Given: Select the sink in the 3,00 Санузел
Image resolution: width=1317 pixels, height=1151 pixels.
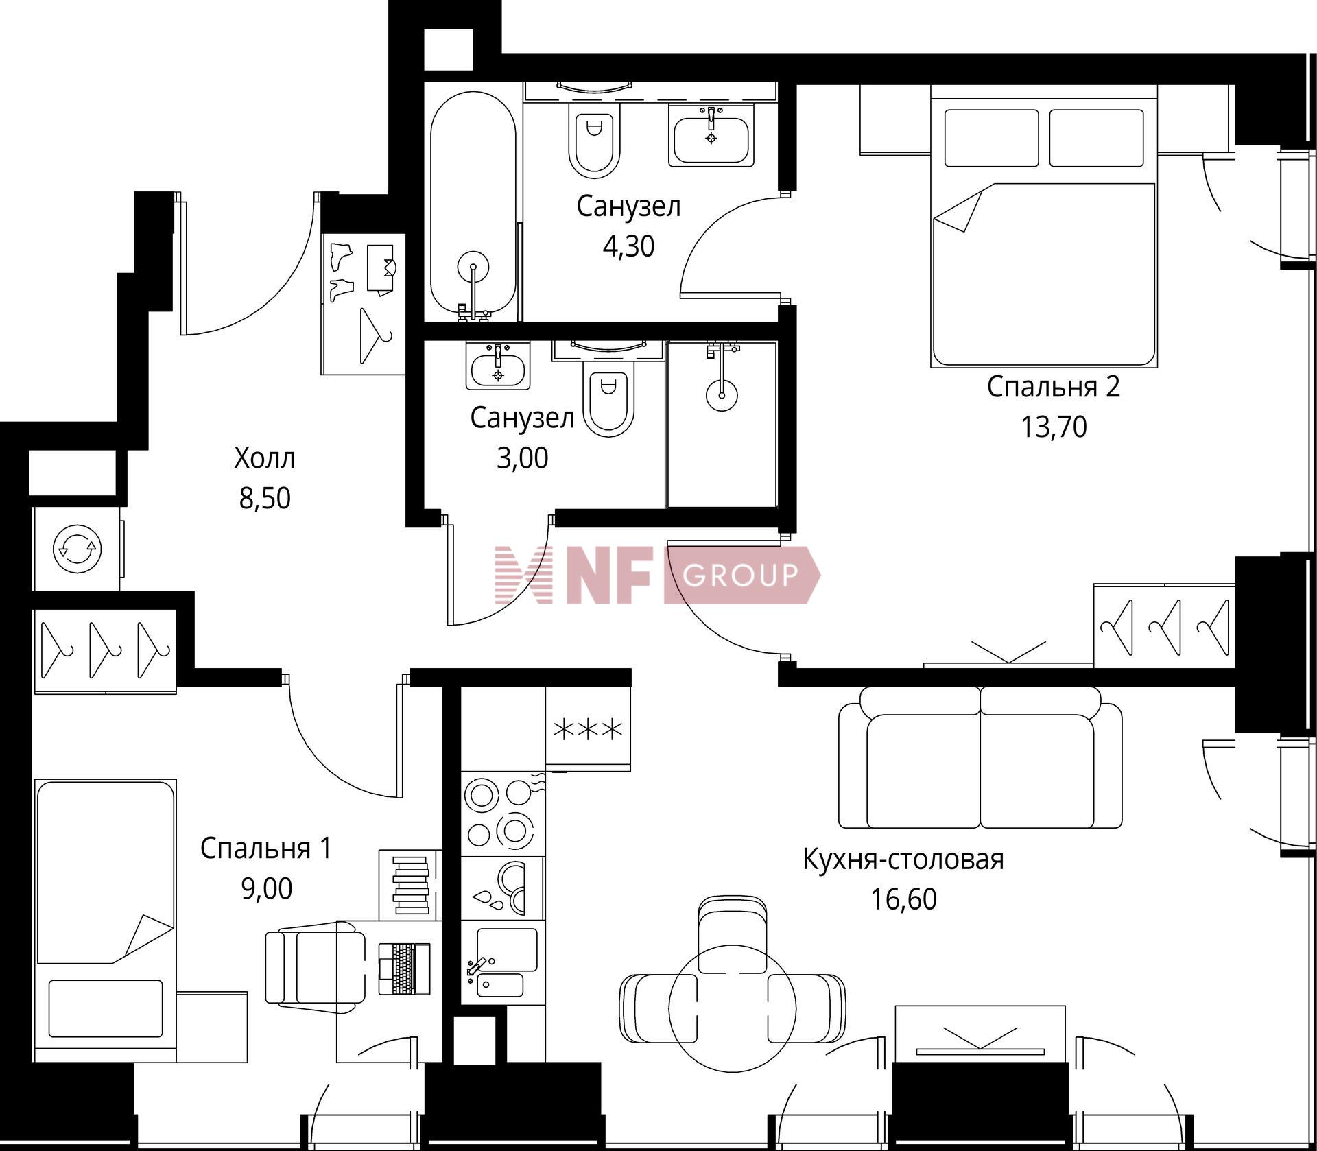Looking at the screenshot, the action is (x=498, y=366).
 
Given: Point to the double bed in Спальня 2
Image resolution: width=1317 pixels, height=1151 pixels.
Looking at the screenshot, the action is (x=1043, y=226).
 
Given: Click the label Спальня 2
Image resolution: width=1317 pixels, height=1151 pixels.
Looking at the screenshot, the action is (x=1053, y=387).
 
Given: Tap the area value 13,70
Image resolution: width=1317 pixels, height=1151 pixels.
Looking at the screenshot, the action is (x=1054, y=427).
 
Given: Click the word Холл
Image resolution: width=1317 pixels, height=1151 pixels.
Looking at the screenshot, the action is (x=264, y=458).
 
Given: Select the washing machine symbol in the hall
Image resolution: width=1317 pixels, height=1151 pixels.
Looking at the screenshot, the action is (x=78, y=548).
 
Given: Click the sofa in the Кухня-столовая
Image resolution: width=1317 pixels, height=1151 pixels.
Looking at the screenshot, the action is (x=980, y=757).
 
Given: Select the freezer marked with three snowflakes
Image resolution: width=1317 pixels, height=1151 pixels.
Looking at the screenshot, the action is (x=588, y=729).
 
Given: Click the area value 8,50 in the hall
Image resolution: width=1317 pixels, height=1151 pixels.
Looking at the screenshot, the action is (x=265, y=498).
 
